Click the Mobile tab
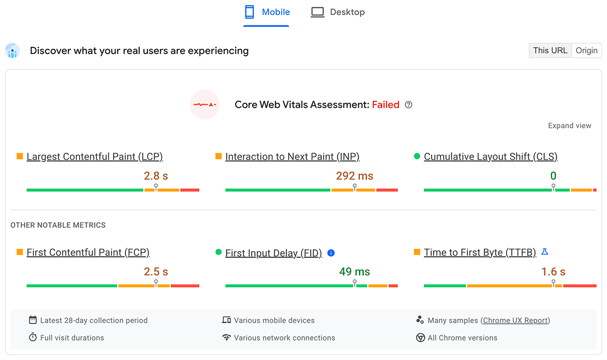267,12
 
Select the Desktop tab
338,12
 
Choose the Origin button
587,50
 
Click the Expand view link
570,126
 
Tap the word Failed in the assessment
386,105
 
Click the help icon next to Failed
408,105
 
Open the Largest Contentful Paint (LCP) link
95,157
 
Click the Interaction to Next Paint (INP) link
292,157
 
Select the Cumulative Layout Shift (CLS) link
491,157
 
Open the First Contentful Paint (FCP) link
88,253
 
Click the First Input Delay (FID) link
274,253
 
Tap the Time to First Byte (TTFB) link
480,253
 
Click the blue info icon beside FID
331,253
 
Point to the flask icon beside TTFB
545,252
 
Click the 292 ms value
354,176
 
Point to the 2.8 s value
156,176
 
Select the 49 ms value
354,272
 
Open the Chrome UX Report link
515,321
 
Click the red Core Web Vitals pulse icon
205,104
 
